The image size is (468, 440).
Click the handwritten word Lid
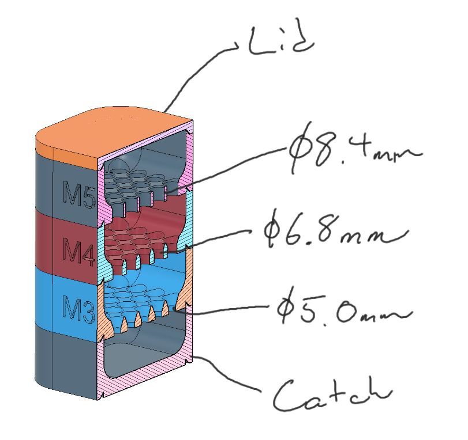coord(281,41)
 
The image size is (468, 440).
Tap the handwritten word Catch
coord(332,394)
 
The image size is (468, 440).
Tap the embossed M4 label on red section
coord(79,251)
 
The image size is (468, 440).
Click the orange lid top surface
coord(114,134)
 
